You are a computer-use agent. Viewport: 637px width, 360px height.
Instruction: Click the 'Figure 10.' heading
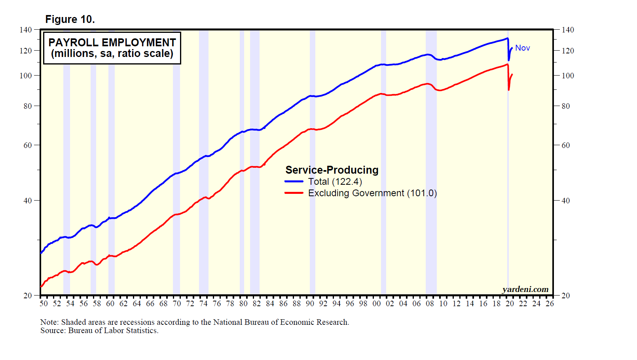click(70, 19)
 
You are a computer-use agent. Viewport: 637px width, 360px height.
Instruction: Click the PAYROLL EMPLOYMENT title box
click(112, 48)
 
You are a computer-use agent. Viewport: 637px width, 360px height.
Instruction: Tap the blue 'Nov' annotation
click(522, 48)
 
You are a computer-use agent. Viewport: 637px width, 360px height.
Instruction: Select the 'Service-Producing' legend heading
click(332, 170)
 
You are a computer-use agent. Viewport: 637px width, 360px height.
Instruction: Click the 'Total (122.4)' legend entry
click(335, 182)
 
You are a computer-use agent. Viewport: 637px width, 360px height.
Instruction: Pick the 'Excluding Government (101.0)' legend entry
click(372, 193)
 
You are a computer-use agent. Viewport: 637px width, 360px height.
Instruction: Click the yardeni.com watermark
click(525, 289)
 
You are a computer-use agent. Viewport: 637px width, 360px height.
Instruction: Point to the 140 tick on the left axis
click(26, 30)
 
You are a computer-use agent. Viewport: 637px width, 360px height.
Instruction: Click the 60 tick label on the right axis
click(566, 145)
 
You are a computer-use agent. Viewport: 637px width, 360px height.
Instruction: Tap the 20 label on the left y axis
click(28, 296)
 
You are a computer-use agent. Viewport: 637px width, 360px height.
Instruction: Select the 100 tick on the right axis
click(568, 76)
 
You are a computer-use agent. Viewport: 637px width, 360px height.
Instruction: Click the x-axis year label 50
click(44, 303)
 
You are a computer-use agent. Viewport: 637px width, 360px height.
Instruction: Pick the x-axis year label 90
click(310, 303)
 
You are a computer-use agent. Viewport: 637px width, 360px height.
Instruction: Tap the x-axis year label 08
click(430, 303)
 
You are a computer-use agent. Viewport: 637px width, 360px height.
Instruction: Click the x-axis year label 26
click(550, 303)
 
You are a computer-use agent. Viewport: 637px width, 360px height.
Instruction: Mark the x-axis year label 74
click(203, 303)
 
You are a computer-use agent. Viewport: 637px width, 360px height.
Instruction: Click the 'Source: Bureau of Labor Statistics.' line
click(99, 331)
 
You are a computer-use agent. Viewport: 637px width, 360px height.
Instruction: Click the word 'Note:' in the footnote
click(49, 322)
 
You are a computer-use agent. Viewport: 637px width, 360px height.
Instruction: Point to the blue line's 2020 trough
click(509, 60)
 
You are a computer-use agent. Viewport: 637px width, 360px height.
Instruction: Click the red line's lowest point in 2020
click(509, 90)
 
